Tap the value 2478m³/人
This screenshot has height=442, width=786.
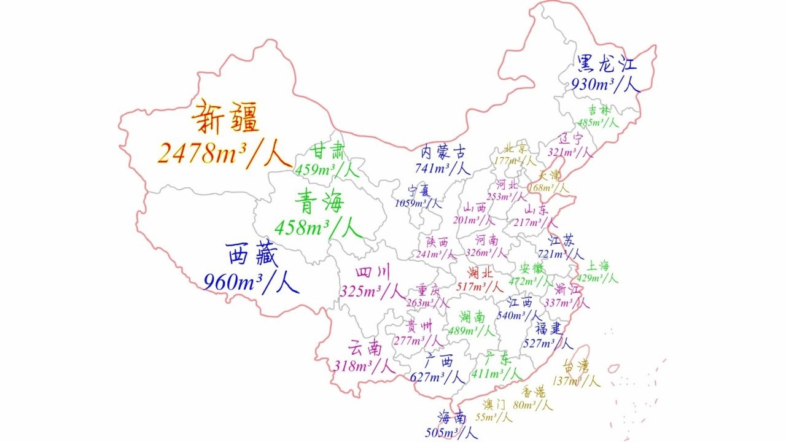pos(224,154)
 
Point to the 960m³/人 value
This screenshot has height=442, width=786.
pos(251,282)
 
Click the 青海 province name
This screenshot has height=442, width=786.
pos(319,201)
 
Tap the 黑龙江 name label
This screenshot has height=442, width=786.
pos(607,63)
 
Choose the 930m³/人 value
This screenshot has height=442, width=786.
pos(605,85)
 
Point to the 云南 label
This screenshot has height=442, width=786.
pos(365,348)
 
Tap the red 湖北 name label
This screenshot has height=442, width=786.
pos(480,272)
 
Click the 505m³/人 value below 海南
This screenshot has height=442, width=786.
pos(451,433)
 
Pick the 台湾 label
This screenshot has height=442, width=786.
pos(576,366)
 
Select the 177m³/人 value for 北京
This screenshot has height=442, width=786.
pos(516,161)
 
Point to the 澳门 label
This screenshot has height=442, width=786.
pos(494,404)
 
